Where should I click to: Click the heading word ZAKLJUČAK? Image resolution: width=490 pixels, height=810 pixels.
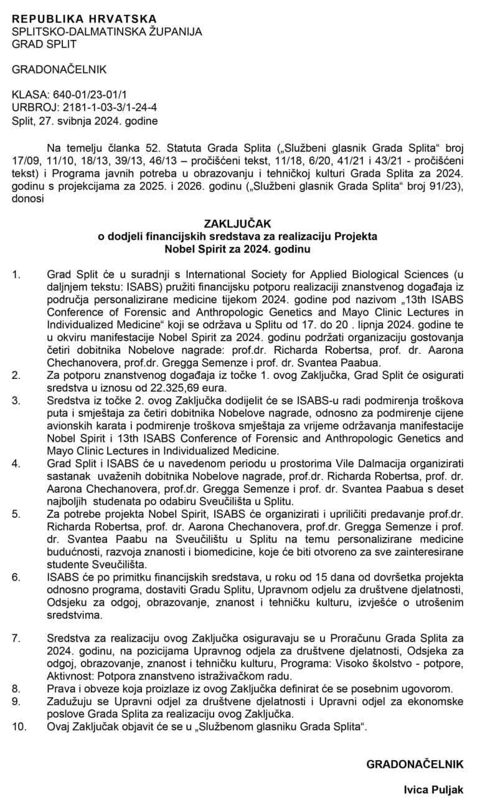(x=244, y=222)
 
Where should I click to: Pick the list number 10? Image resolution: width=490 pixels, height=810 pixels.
(x=19, y=727)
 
